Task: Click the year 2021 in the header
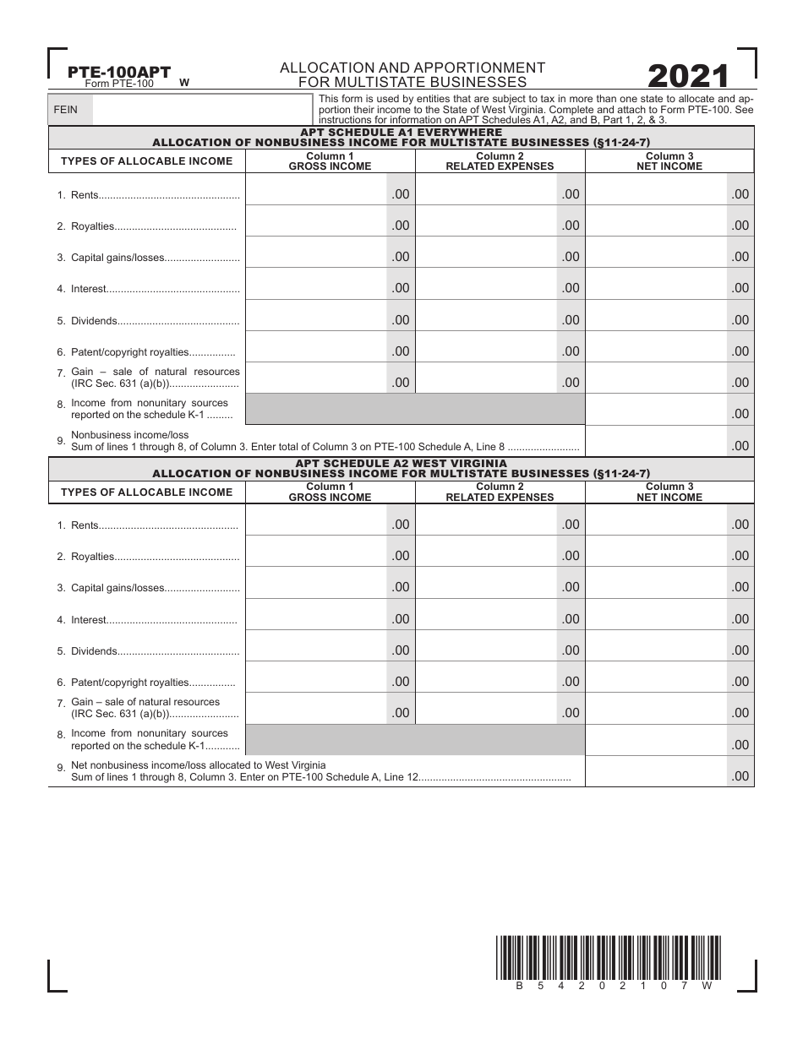tap(687, 77)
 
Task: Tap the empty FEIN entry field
tap(201, 110)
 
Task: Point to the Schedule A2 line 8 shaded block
tap(414, 740)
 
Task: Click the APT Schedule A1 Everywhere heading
tap(401, 133)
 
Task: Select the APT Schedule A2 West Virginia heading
tap(401, 463)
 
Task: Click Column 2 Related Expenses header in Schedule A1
tap(500, 161)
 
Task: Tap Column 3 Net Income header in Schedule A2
tap(669, 492)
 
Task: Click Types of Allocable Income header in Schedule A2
tap(146, 492)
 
